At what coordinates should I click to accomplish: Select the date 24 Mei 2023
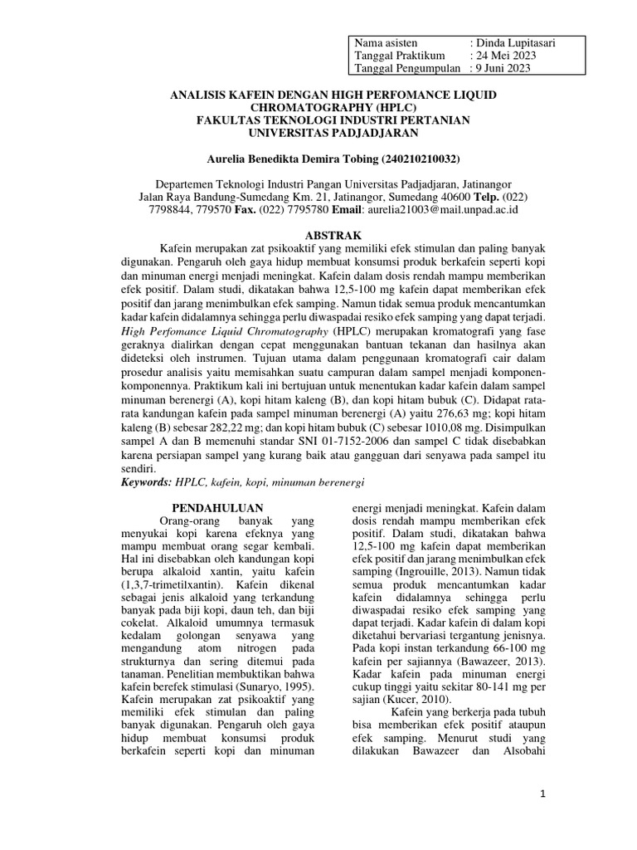(506, 55)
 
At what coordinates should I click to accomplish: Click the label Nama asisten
(386, 42)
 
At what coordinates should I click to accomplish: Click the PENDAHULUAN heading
(216, 507)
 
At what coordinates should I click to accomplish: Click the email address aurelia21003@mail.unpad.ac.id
(447, 211)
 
